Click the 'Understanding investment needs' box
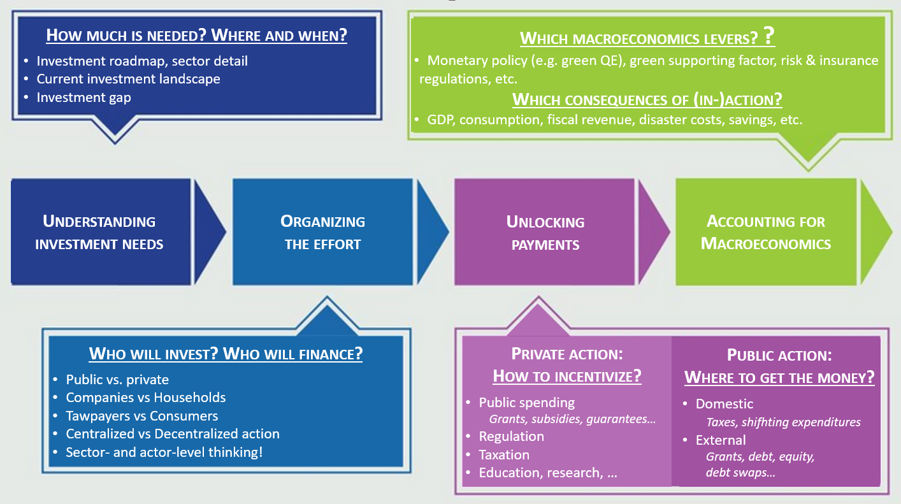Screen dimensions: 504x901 coord(100,232)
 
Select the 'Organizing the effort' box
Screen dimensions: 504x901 coord(322,232)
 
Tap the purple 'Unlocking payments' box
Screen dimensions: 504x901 coord(545,232)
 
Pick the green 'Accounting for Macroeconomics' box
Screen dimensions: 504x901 coord(766,232)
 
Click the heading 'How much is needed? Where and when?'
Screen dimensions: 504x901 coord(197,34)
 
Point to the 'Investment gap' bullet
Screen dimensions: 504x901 coord(83,97)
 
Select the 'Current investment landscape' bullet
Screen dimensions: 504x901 coord(128,80)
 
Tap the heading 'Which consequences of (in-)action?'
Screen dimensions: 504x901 coord(647,100)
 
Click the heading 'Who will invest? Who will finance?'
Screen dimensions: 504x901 coord(226,354)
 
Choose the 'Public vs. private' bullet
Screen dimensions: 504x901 coord(117,380)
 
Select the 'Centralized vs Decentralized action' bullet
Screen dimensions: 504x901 coord(173,434)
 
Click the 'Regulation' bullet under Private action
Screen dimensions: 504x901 coord(512,436)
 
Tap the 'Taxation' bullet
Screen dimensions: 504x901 coord(504,455)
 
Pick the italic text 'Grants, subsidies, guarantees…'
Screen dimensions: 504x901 coord(572,419)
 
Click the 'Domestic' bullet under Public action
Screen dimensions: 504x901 coord(724,404)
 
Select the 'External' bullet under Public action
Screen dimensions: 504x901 coord(721,440)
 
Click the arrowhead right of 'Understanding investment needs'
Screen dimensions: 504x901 coord(209,232)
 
